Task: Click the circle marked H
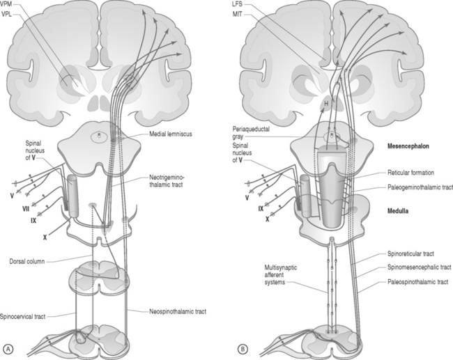point(325,104)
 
